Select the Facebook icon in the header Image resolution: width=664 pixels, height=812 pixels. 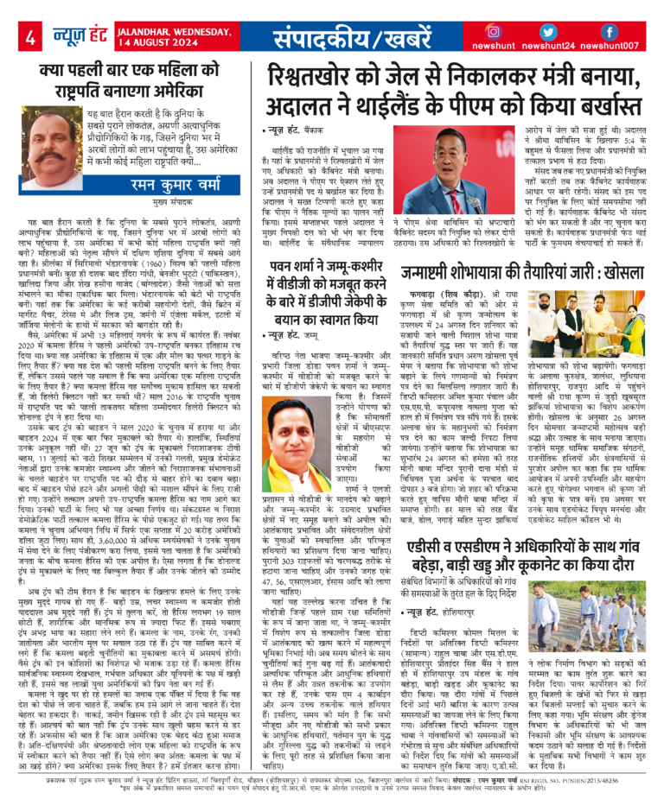pyautogui.click(x=609, y=30)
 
